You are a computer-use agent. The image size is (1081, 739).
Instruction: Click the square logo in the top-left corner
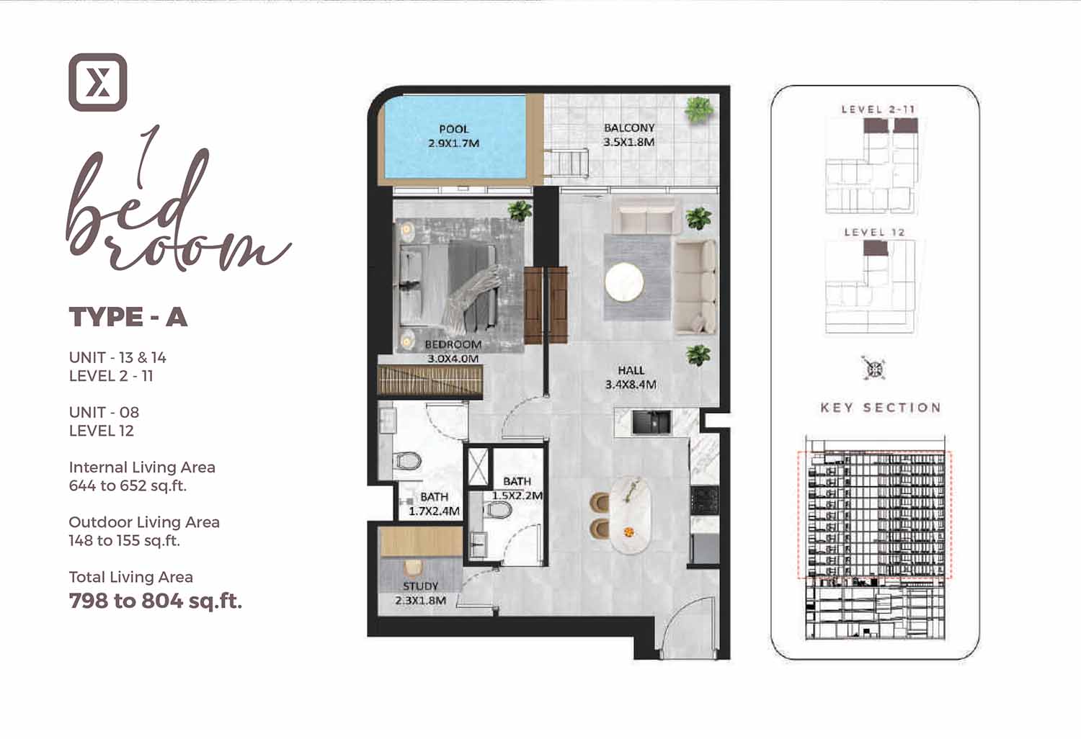(98, 83)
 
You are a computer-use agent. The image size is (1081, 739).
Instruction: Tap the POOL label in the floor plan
(453, 129)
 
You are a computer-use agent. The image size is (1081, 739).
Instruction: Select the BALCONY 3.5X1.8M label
(629, 135)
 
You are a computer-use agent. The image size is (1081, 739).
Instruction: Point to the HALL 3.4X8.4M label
(631, 377)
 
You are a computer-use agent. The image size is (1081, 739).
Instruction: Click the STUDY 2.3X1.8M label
(420, 594)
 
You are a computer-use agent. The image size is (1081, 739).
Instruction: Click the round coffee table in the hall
(624, 282)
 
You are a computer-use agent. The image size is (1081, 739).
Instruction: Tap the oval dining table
(630, 515)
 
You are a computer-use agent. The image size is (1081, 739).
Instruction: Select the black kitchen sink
(651, 422)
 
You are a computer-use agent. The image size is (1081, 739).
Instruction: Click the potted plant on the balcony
(698, 109)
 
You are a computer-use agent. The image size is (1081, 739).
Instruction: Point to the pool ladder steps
(568, 163)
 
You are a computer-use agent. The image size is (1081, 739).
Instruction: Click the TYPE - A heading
(128, 317)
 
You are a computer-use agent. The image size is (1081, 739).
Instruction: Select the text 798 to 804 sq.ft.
(156, 601)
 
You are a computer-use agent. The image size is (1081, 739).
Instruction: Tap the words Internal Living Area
(142, 467)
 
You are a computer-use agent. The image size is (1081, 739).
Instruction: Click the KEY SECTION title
(881, 408)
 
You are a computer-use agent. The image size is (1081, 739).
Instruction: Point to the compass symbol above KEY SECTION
(874, 369)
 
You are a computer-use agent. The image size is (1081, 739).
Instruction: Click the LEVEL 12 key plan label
(874, 232)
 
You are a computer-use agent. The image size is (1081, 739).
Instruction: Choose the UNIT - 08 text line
(104, 413)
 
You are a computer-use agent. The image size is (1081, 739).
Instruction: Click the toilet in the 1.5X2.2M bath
(497, 510)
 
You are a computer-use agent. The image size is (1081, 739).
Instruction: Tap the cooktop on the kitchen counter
(705, 500)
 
